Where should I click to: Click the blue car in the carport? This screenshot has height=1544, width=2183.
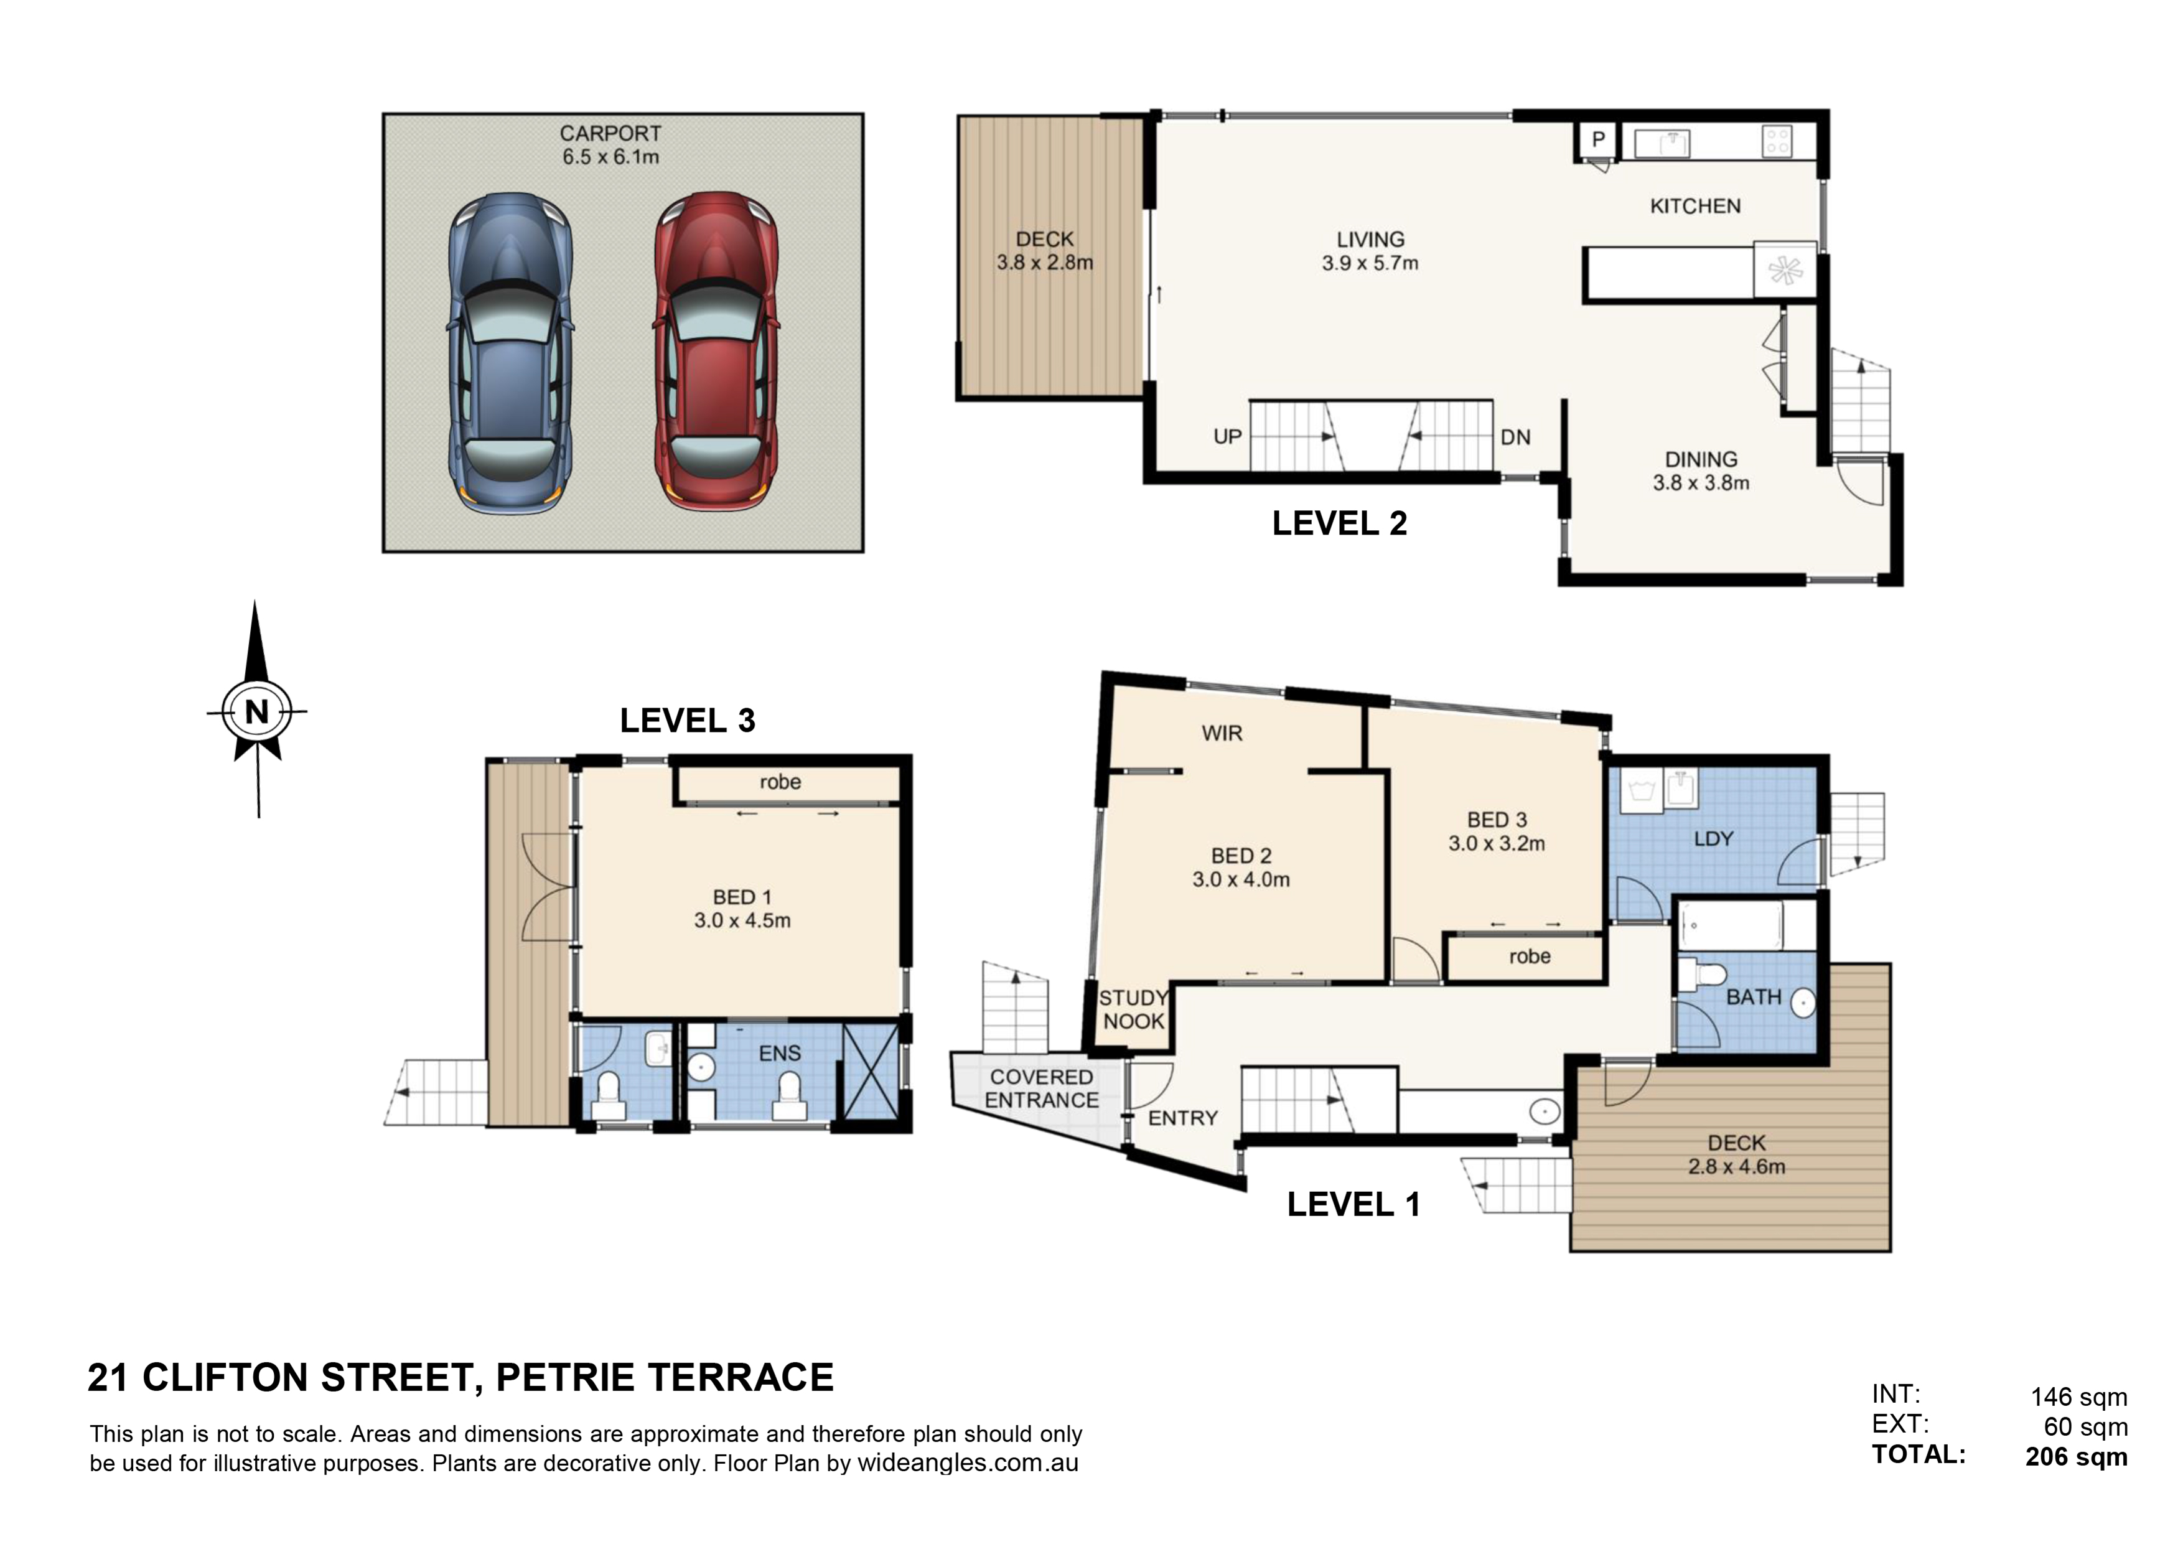tap(510, 353)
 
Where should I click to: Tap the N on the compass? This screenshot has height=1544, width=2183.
tap(257, 711)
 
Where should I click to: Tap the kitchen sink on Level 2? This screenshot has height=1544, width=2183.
tap(1661, 143)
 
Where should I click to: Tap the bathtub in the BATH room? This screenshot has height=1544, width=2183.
tap(1731, 925)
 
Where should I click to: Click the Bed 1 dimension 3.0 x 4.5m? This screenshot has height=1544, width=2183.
tap(742, 920)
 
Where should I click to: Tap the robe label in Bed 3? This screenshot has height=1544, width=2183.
tap(1530, 957)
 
